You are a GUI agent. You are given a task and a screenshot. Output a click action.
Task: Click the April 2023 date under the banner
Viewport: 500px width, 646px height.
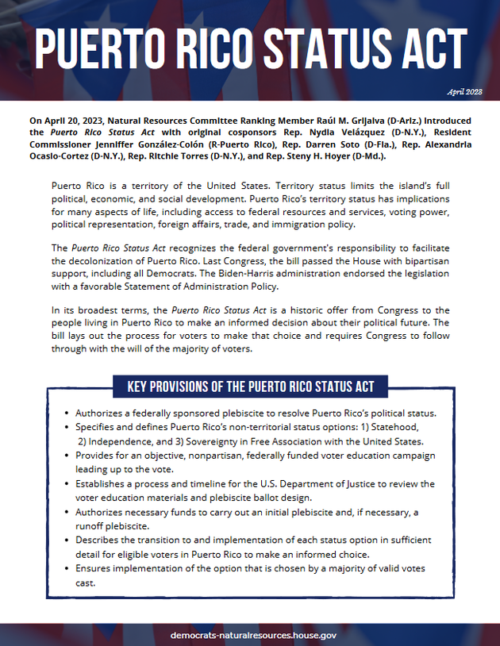pyautogui.click(x=465, y=91)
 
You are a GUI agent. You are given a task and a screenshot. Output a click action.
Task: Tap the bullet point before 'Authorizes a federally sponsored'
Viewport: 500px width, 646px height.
pyautogui.click(x=65, y=414)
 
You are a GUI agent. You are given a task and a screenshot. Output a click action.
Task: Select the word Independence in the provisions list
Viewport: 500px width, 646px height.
pyautogui.click(x=121, y=441)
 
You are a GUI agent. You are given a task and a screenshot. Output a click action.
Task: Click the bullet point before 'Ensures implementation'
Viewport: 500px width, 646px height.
pyautogui.click(x=65, y=569)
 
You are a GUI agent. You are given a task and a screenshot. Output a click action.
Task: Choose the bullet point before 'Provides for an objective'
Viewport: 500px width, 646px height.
pyautogui.click(x=65, y=456)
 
